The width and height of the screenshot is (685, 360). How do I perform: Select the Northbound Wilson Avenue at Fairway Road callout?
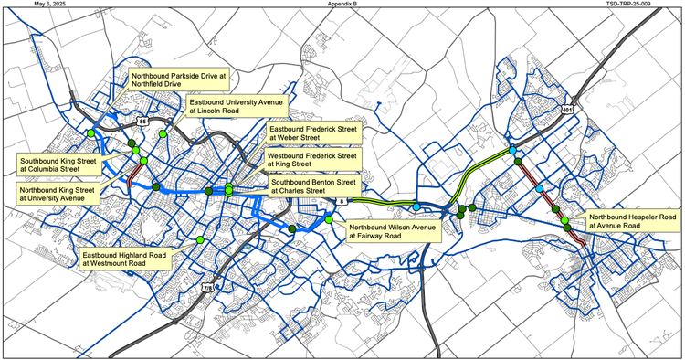click(x=386, y=229)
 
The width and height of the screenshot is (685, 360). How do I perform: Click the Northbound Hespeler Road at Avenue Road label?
click(x=631, y=223)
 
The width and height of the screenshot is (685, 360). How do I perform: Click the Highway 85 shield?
click(x=142, y=120)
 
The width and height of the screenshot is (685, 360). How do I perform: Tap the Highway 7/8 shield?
click(x=208, y=289)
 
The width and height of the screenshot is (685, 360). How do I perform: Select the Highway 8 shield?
click(x=342, y=201)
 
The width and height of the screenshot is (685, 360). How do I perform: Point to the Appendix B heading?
click(x=342, y=5)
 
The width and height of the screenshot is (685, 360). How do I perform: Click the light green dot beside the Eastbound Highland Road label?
click(x=200, y=239)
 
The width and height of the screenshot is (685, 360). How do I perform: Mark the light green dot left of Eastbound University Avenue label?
click(x=163, y=134)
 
